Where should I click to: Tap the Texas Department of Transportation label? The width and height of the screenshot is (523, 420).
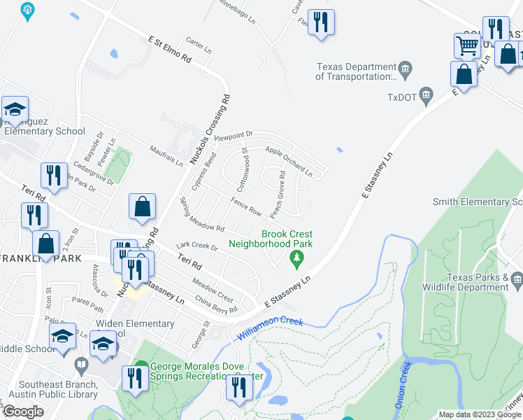[x=357, y=72]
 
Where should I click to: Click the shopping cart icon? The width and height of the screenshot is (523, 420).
[x=466, y=45]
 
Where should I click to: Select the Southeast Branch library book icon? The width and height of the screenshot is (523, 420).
[x=82, y=365]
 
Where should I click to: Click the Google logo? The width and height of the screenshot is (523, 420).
[x=23, y=411]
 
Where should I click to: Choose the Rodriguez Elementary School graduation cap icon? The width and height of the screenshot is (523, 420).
[x=14, y=109]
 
